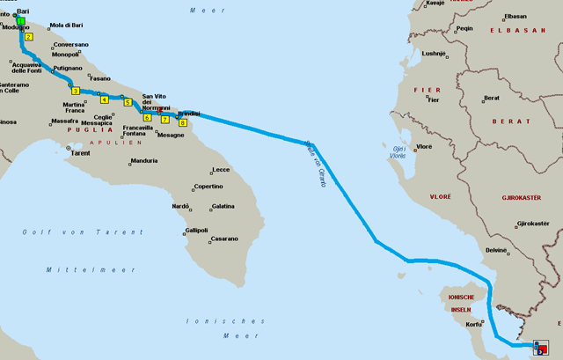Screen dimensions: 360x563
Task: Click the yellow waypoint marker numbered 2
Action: pos(29,37)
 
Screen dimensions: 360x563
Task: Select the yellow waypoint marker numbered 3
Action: pos(76,91)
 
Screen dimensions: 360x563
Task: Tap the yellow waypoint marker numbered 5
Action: pos(128,102)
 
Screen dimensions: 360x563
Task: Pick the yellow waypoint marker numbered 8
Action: pos(182,122)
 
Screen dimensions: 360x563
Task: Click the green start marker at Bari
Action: pos(19,20)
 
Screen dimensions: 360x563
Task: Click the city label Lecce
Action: pos(221,169)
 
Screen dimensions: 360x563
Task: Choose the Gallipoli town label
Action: pos(196,230)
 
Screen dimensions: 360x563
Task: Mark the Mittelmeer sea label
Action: pos(75,269)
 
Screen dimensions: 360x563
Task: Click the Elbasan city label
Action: pos(515,16)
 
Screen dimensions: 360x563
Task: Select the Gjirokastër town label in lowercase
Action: pos(533,224)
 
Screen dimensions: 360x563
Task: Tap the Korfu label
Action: pos(474,324)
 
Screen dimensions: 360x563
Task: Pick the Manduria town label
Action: pos(143,160)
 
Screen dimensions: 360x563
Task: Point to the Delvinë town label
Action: pos(497,250)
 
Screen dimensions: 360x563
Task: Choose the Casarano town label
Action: pos(224,239)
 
